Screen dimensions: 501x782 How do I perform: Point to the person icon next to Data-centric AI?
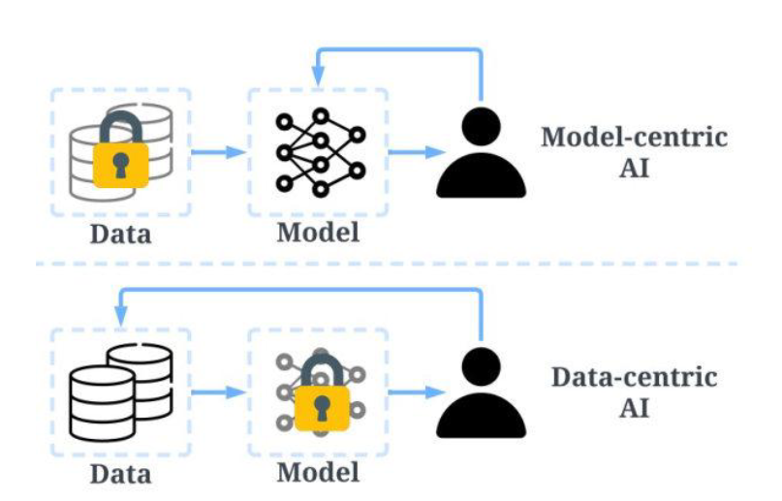482,391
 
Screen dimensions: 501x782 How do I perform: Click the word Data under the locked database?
122,234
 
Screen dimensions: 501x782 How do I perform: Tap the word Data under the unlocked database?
122,474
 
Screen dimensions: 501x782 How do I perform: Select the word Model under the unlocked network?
318,233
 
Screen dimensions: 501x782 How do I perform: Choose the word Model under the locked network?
318,472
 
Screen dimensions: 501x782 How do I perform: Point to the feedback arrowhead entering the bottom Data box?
122,315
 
